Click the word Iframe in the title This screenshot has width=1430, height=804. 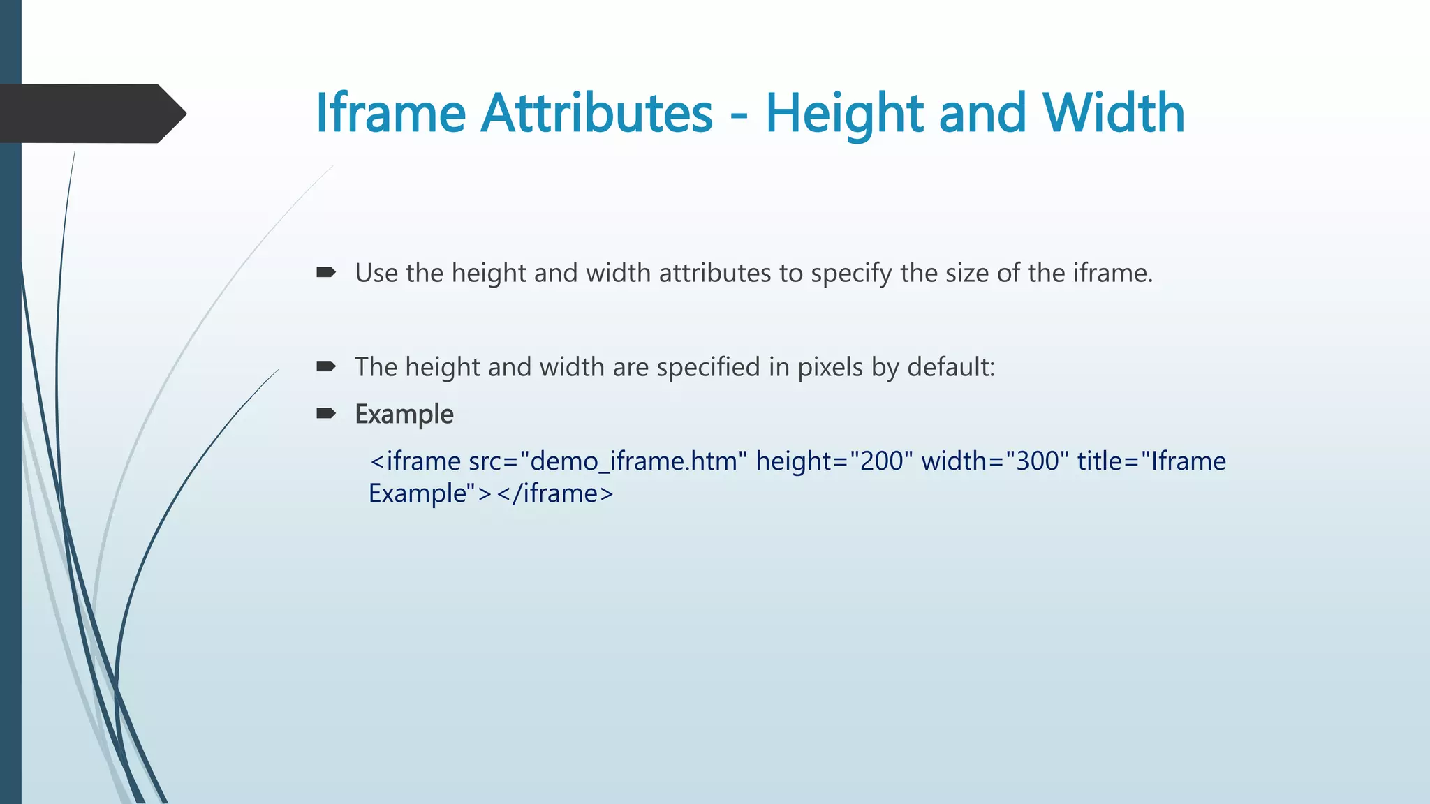pyautogui.click(x=390, y=112)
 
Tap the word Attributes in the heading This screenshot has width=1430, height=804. pyautogui.click(x=597, y=112)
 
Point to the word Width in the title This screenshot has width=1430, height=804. pyautogui.click(x=1114, y=112)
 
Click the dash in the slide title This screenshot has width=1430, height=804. pyautogui.click(x=739, y=115)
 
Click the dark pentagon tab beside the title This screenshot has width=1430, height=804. pyautogui.click(x=91, y=114)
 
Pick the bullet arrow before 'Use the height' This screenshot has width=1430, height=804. pyautogui.click(x=326, y=272)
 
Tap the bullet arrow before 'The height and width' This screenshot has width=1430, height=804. pyautogui.click(x=326, y=366)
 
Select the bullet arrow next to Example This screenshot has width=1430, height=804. pyautogui.click(x=326, y=414)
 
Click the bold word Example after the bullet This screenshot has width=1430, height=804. pyautogui.click(x=404, y=415)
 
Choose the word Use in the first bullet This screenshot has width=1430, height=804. pyautogui.click(x=376, y=273)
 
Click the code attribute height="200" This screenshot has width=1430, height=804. pyautogui.click(x=834, y=461)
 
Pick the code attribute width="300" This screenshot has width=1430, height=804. pyautogui.click(x=995, y=461)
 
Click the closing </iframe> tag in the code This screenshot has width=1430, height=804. pyautogui.click(x=554, y=493)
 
